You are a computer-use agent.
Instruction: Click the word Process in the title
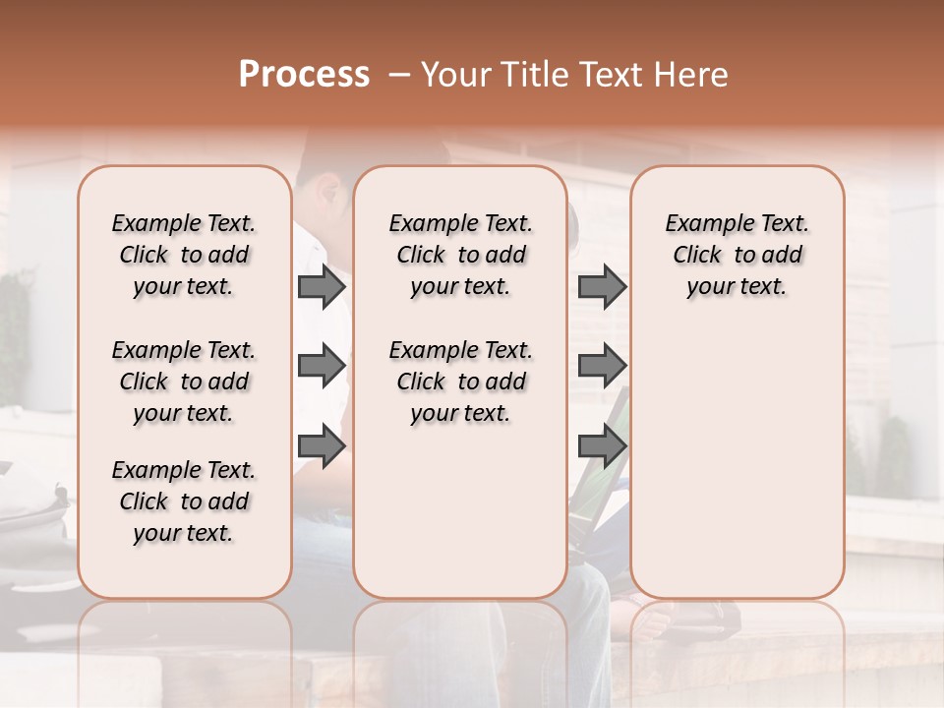(304, 75)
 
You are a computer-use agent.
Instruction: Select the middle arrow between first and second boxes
(321, 367)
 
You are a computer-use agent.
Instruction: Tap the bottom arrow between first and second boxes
(321, 446)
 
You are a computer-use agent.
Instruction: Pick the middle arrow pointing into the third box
(602, 367)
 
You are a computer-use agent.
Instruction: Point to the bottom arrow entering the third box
(602, 446)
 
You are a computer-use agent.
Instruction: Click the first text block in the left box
(184, 255)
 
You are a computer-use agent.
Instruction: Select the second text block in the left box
(184, 382)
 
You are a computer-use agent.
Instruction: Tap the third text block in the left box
(184, 501)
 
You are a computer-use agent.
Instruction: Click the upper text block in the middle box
(460, 255)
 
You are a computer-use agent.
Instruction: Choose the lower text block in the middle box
(460, 382)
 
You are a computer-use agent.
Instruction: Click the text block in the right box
(737, 255)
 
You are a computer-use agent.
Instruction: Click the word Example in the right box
(703, 223)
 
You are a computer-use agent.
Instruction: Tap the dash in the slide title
(399, 75)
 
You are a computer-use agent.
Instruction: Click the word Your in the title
(455, 75)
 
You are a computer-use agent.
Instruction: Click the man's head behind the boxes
(324, 197)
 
